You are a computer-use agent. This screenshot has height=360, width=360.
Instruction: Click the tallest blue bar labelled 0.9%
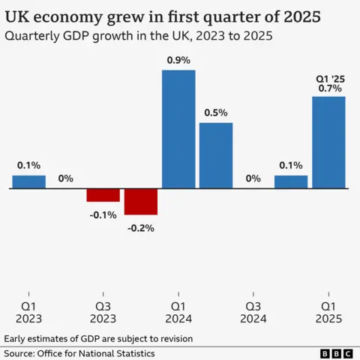(x=178, y=129)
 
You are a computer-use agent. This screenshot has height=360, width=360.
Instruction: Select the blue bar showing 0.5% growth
(x=216, y=155)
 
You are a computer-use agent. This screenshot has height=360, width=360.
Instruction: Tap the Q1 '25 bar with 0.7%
(x=328, y=142)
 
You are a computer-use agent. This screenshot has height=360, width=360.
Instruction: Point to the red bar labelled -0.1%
(x=103, y=195)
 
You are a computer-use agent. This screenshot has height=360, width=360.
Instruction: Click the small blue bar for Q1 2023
(x=28, y=181)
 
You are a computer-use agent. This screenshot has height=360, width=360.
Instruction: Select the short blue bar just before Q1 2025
(x=291, y=181)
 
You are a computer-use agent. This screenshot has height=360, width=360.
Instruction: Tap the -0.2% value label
(x=141, y=228)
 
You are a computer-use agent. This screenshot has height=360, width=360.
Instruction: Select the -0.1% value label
(x=103, y=214)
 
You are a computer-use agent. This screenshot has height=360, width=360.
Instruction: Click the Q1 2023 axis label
(x=28, y=313)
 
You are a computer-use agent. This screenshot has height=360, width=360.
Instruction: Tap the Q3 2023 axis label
(x=103, y=313)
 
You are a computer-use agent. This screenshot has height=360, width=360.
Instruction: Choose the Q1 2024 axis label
(x=178, y=313)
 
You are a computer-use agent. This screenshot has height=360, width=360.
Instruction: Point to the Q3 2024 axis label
(x=253, y=313)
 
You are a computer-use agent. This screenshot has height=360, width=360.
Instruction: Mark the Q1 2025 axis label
(x=328, y=313)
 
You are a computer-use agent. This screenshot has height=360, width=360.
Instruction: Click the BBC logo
(x=336, y=353)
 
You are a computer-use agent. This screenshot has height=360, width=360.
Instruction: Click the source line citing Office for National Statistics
(x=79, y=353)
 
